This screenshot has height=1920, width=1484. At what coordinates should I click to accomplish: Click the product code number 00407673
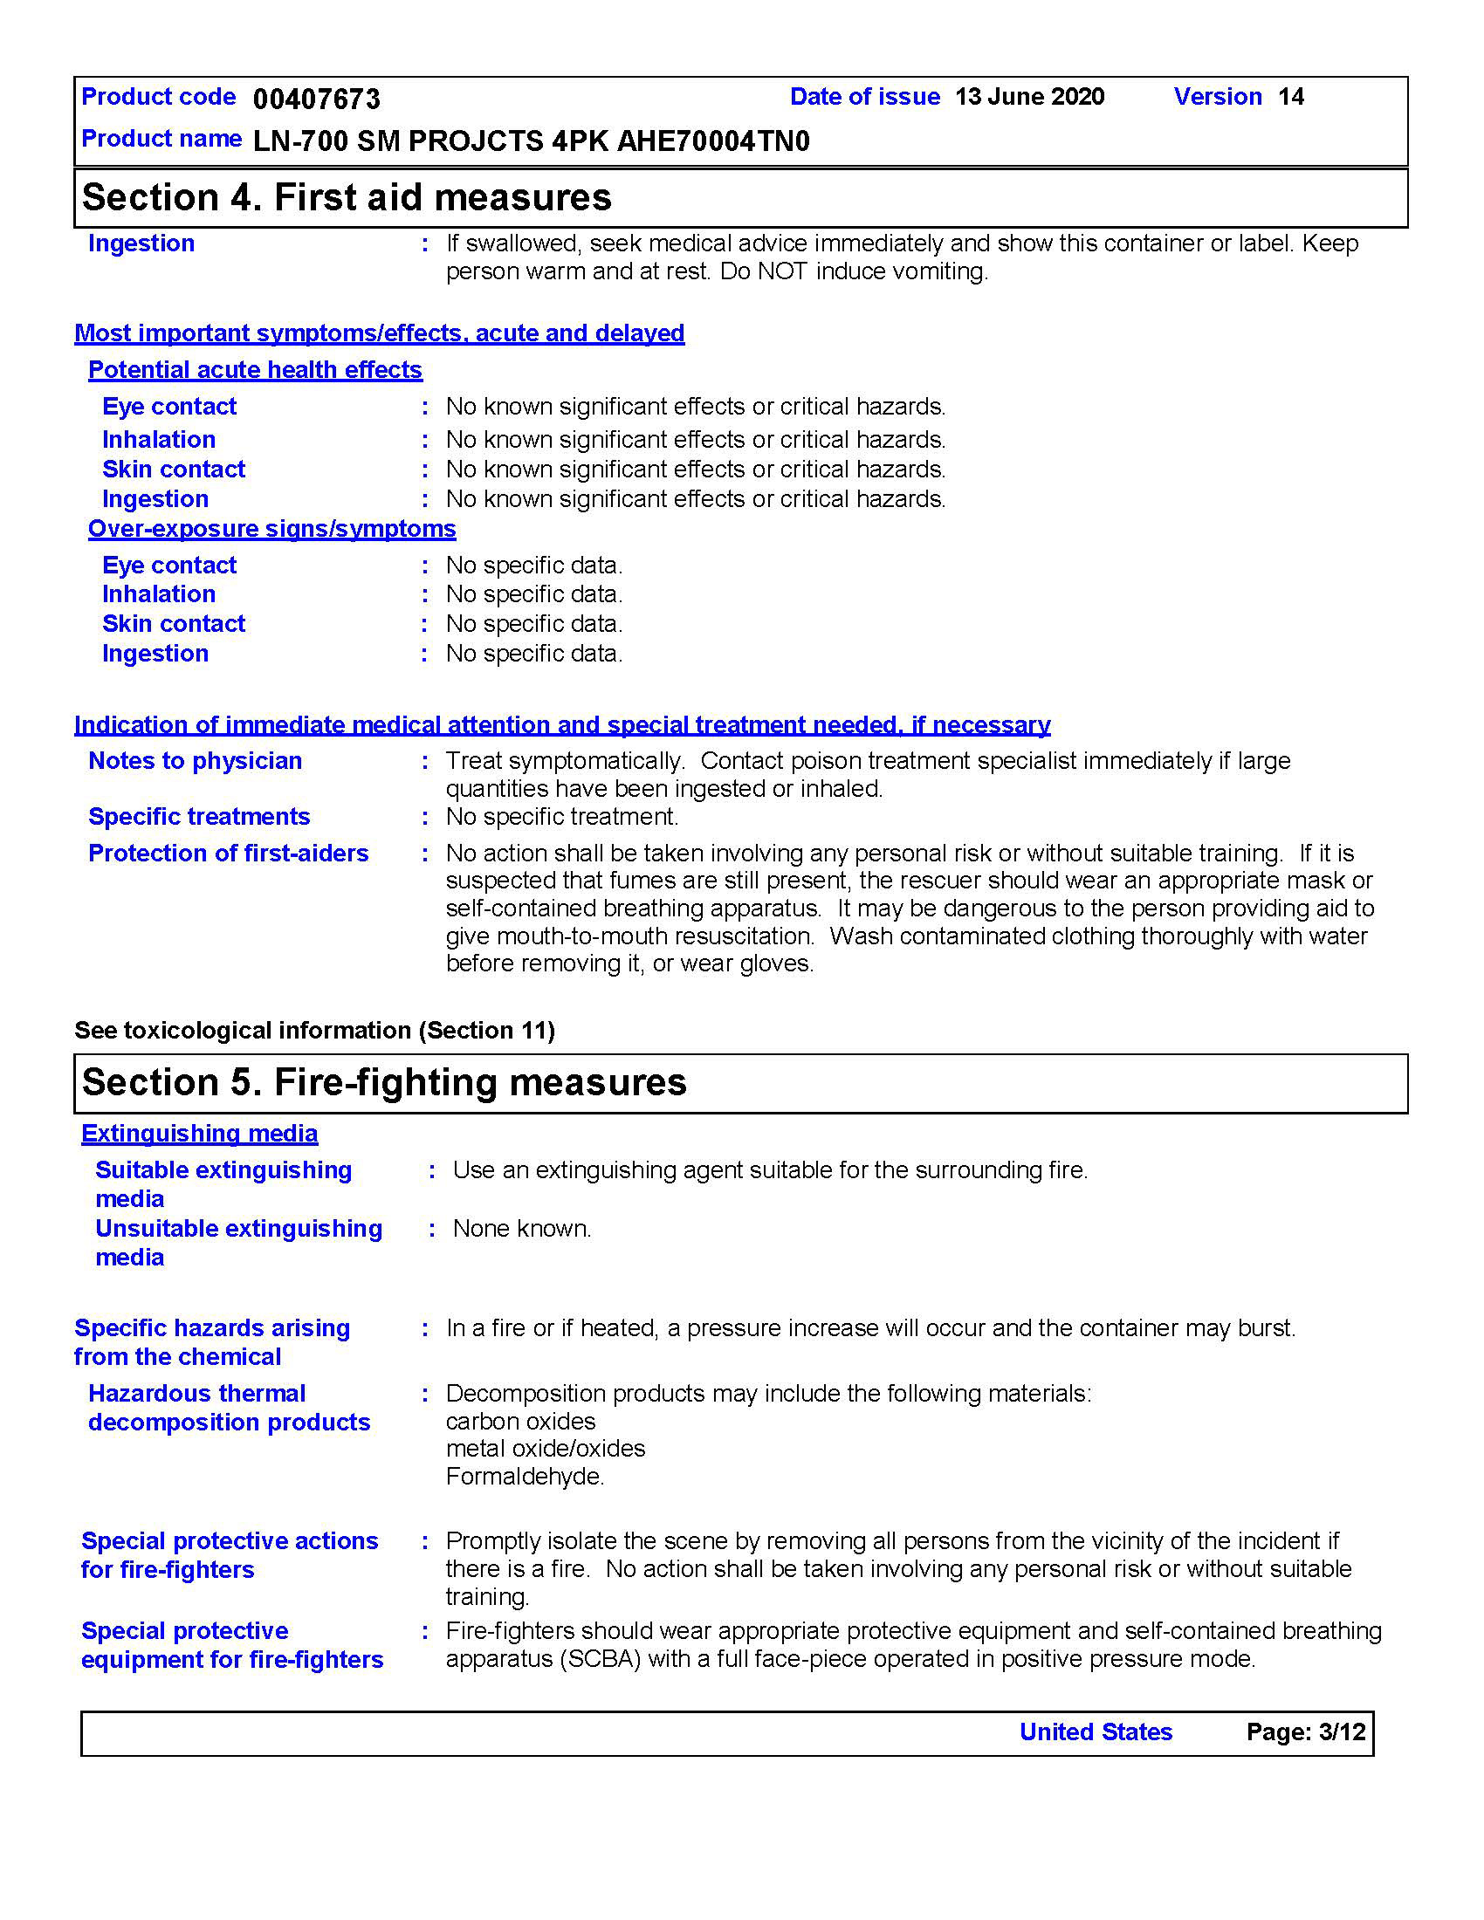pyautogui.click(x=317, y=99)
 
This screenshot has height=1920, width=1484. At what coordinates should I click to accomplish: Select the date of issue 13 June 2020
pyautogui.click(x=1029, y=97)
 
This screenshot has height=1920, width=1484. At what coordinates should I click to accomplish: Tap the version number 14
pyautogui.click(x=1290, y=97)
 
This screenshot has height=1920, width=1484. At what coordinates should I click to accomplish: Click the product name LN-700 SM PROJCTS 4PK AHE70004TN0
pyautogui.click(x=531, y=141)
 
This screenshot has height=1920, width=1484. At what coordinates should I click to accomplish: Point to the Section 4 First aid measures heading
pyautogui.click(x=347, y=198)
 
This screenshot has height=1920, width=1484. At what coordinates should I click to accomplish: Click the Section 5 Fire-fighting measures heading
pyautogui.click(x=384, y=1082)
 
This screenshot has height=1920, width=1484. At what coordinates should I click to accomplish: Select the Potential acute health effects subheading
pyautogui.click(x=255, y=370)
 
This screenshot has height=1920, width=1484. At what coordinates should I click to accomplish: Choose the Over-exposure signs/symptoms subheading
pyautogui.click(x=271, y=528)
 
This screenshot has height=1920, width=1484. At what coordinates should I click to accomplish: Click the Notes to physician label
pyautogui.click(x=196, y=760)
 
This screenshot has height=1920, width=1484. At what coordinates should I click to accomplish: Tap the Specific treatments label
pyautogui.click(x=199, y=817)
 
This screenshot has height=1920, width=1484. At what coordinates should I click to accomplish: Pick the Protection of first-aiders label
pyautogui.click(x=229, y=854)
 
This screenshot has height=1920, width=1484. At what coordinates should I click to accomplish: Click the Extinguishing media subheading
pyautogui.click(x=200, y=1134)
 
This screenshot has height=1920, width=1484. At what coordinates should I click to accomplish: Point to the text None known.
pyautogui.click(x=522, y=1228)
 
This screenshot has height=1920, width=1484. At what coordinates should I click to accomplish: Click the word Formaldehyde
pyautogui.click(x=525, y=1476)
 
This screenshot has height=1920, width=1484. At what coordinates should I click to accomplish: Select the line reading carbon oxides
pyautogui.click(x=520, y=1422)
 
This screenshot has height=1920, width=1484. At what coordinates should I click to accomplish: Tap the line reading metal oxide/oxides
pyautogui.click(x=545, y=1449)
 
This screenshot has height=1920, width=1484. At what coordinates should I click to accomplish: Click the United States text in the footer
pyautogui.click(x=1096, y=1731)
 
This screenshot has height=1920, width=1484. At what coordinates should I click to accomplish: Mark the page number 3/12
pyautogui.click(x=1342, y=1731)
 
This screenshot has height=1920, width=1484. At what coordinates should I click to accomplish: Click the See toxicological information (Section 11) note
pyautogui.click(x=315, y=1031)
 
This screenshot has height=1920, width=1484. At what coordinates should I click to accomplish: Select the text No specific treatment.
pyautogui.click(x=562, y=817)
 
